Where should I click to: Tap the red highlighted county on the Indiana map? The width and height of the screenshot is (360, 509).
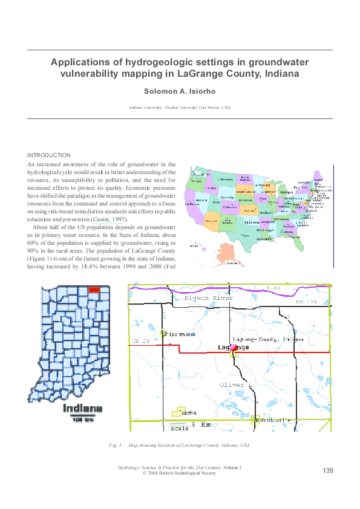tap(94, 290)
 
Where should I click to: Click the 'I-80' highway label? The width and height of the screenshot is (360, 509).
tap(290, 288)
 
